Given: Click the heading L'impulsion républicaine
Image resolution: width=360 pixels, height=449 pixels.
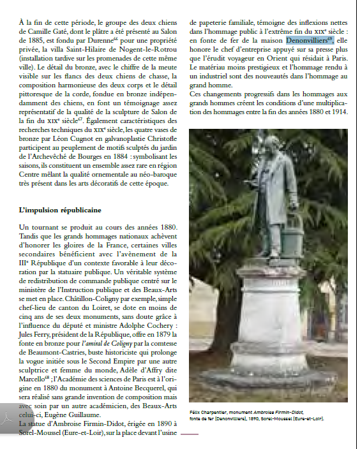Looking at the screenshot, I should [x=60, y=210].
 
